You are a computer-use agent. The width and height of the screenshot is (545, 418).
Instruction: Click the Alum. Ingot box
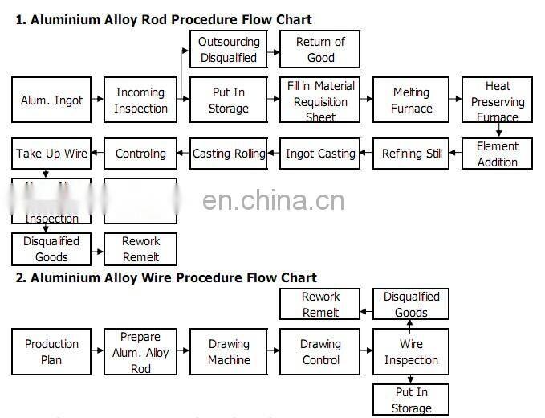51,100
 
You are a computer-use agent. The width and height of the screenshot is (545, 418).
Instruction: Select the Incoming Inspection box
140,100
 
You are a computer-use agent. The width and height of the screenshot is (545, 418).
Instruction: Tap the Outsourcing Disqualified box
229,49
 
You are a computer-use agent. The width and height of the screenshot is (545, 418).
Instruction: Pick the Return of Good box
319,49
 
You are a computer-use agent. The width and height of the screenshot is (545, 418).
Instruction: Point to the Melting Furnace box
411,100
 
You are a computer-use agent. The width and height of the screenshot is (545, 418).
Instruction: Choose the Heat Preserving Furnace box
498,100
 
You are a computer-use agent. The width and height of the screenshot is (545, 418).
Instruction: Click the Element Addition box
498,154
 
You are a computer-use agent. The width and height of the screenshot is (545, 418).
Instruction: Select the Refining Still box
411,154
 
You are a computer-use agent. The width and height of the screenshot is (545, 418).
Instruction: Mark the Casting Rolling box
229,154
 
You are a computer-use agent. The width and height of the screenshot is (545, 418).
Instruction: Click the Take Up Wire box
51,154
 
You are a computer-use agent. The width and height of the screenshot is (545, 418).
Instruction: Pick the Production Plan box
51,352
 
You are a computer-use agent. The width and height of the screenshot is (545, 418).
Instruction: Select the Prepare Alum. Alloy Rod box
140,352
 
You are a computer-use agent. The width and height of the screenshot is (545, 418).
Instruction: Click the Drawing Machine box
229,352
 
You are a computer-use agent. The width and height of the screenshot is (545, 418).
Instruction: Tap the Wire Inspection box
411,352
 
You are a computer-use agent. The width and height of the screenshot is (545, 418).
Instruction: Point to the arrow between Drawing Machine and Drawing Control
274,351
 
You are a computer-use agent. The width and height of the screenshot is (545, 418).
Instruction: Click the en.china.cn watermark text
273,201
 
